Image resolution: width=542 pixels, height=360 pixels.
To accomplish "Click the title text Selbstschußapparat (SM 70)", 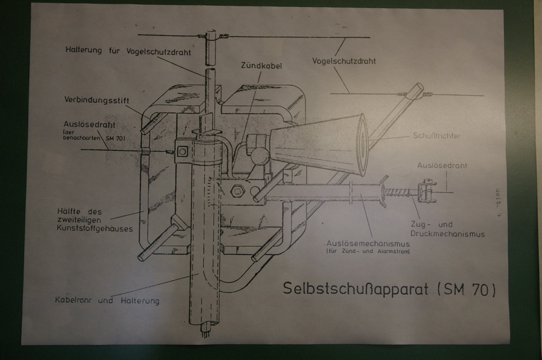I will tap(389, 289).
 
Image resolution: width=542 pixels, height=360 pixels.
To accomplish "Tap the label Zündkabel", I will tap(261, 66).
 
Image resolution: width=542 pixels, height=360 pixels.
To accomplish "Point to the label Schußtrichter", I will tap(436, 136).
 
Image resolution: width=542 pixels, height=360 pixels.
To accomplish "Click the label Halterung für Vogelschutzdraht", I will tap(128, 51).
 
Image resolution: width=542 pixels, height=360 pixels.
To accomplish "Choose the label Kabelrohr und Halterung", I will tap(107, 300).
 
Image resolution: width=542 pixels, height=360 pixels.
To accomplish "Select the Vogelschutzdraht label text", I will tap(344, 61).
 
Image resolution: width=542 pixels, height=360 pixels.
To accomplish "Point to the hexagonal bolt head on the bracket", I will tap(237, 191).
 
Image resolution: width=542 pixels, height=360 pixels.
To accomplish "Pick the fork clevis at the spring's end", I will tap(427, 192).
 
